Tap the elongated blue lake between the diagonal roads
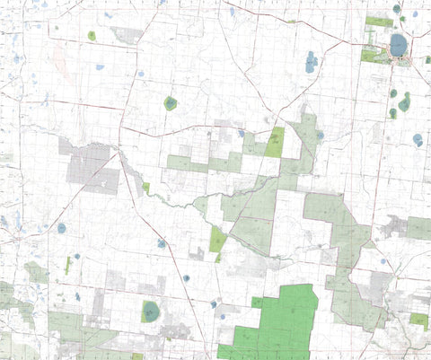point(311,62)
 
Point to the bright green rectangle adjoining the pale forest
point(275,142)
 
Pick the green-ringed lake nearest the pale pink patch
point(92,36)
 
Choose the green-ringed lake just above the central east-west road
point(170,103)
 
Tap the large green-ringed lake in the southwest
point(150,311)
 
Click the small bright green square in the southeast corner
point(418,319)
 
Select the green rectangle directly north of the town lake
point(379,22)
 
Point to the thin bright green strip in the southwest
point(67,265)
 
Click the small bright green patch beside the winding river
point(145,188)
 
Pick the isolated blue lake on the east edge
point(418,139)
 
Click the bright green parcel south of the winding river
point(217,239)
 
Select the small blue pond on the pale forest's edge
point(321,136)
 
